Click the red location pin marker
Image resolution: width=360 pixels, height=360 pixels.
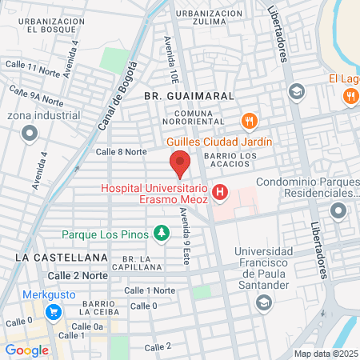click(x=180, y=162)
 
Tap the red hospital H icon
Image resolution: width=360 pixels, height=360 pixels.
click(x=220, y=194)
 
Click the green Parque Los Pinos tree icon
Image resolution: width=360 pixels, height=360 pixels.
click(x=162, y=233)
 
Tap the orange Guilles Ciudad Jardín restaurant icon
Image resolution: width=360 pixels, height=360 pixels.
click(x=250, y=122)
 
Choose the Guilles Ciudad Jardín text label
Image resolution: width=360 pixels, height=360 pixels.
click(x=219, y=142)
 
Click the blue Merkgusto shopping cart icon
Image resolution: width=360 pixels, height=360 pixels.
click(x=54, y=312)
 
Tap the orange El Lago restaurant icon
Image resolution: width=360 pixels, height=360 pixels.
click(x=350, y=97)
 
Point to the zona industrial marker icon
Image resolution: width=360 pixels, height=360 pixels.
click(x=30, y=134)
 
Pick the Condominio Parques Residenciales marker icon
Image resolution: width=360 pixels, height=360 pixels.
click(x=338, y=211)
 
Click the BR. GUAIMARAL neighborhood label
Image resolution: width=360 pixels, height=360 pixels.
click(x=189, y=95)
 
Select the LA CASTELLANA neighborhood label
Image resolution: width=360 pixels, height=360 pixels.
click(x=61, y=257)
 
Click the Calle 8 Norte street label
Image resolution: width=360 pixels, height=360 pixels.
click(x=121, y=151)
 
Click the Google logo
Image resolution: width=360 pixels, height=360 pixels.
click(x=26, y=350)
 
